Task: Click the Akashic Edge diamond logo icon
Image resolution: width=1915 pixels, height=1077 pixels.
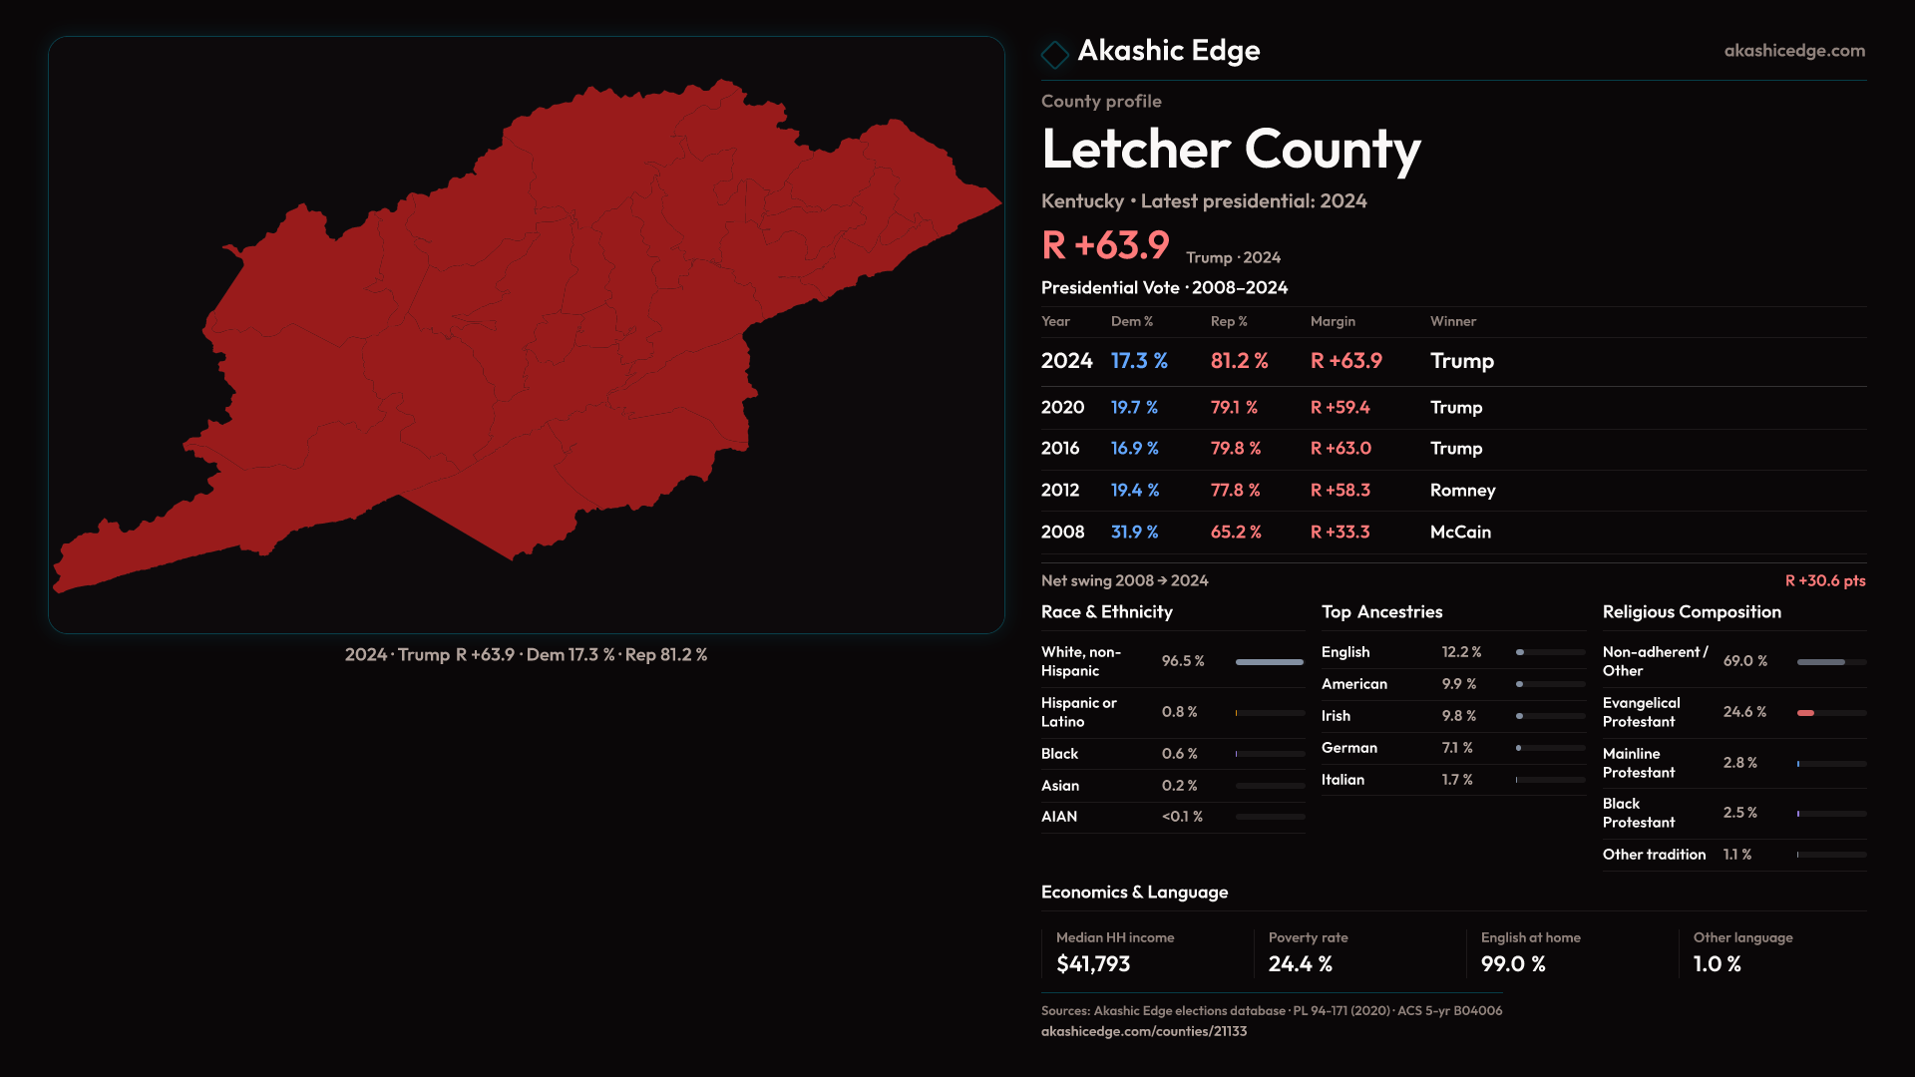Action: pos(1054,54)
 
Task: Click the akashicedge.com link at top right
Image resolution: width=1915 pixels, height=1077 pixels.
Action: pos(1793,51)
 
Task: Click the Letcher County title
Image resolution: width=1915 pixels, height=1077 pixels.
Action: pos(1230,150)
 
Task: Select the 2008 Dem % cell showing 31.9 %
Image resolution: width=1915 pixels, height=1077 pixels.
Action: pos(1134,533)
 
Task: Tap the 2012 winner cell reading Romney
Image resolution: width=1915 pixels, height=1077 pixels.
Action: pos(1462,491)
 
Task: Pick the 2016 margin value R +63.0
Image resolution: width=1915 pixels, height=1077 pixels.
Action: pos(1340,449)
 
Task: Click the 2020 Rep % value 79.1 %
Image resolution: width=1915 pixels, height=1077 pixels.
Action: pos(1234,408)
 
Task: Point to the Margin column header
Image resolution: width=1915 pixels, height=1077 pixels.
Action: pos(1333,321)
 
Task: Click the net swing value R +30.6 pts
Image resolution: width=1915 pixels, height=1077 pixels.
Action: pos(1824,581)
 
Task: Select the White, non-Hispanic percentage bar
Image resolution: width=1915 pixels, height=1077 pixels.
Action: pos(1269,662)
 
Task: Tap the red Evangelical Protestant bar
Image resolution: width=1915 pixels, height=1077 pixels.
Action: pos(1805,713)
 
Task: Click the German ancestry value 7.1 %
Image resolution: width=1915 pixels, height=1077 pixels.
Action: pos(1456,748)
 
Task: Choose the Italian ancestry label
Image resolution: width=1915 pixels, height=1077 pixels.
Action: pos(1342,780)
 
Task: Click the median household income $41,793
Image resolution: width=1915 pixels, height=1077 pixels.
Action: pos(1093,964)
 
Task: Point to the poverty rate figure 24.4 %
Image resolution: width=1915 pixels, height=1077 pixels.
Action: pos(1300,964)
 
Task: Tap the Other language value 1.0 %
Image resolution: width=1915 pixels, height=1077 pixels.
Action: pos(1717,964)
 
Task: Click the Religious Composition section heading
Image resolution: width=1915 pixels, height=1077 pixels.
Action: pos(1692,612)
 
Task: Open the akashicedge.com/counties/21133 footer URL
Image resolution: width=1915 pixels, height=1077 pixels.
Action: pos(1143,1031)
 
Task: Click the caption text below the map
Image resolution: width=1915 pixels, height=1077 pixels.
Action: pos(526,655)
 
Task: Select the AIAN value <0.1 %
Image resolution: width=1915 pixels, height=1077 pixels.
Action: pos(1182,817)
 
